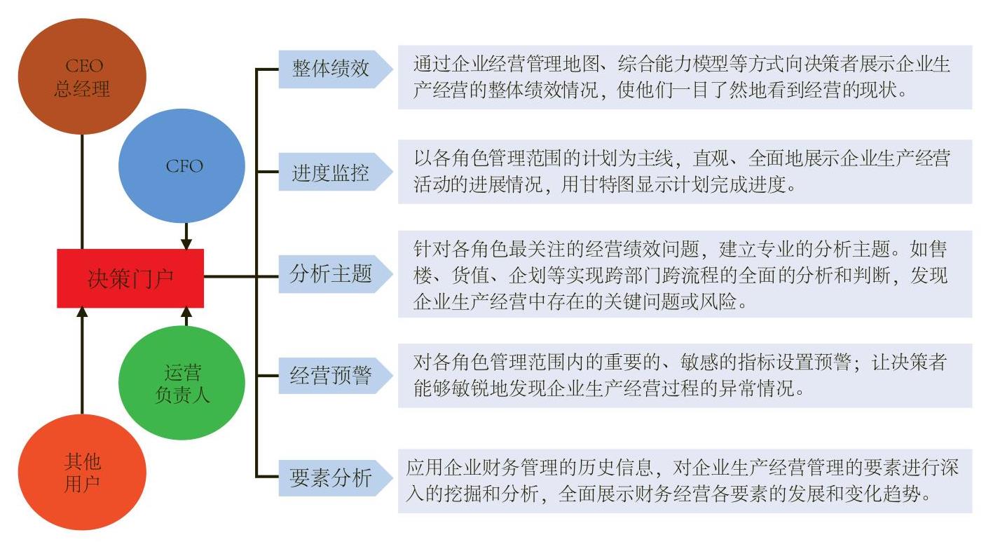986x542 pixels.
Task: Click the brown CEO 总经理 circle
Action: click(82, 76)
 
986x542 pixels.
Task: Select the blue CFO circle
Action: click(182, 166)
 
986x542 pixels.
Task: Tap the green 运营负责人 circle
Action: click(182, 383)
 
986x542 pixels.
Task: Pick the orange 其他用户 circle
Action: click(82, 473)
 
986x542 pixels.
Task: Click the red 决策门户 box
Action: click(130, 278)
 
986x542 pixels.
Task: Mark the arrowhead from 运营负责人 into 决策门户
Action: click(186, 312)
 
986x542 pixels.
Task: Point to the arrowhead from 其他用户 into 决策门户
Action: click(82, 312)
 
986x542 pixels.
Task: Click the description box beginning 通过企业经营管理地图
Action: click(685, 77)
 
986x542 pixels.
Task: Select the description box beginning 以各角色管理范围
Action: click(685, 172)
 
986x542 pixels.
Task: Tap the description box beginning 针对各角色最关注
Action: click(685, 274)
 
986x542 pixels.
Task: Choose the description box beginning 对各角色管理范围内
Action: click(685, 376)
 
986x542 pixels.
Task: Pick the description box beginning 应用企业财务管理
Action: click(685, 481)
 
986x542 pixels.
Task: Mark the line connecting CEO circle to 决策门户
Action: click(82, 191)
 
